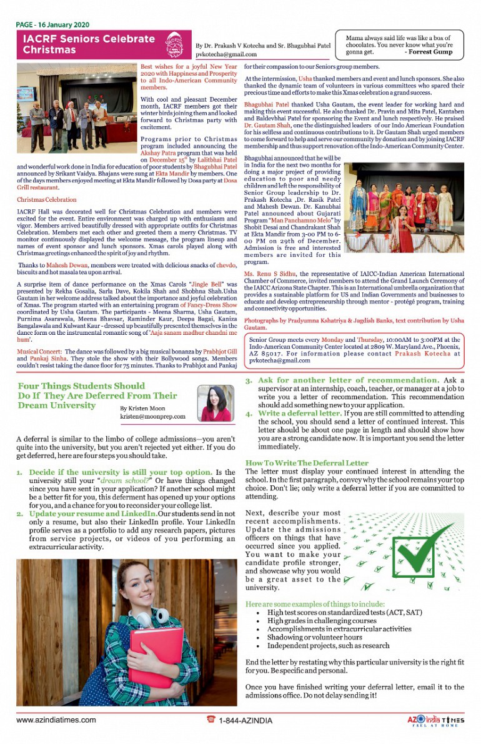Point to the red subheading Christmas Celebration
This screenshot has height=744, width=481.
pyautogui.click(x=47, y=200)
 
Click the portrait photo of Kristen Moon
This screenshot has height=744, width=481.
pyautogui.click(x=216, y=403)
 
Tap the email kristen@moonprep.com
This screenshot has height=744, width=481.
pyautogui.click(x=152, y=416)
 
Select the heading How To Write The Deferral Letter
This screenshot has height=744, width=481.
pyautogui.click(x=307, y=463)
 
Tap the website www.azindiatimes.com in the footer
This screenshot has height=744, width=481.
pyautogui.click(x=56, y=720)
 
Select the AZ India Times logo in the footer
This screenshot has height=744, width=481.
pyautogui.click(x=435, y=720)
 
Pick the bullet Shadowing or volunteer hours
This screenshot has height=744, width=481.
pyautogui.click(x=310, y=637)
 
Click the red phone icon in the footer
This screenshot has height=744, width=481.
pyautogui.click(x=211, y=720)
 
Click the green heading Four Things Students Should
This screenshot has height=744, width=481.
pyautogui.click(x=81, y=386)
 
